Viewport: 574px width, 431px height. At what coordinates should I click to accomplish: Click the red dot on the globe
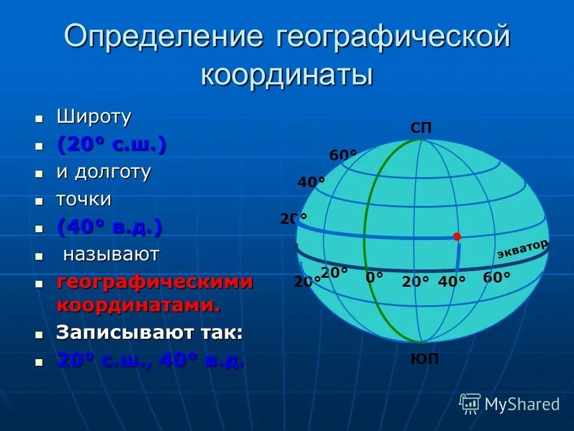click(457, 236)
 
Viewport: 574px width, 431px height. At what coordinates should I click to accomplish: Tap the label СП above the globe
click(421, 128)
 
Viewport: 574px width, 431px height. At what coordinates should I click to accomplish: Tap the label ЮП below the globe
click(425, 359)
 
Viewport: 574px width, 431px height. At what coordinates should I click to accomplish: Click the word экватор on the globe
click(522, 249)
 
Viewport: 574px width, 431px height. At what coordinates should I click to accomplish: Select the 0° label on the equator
click(374, 277)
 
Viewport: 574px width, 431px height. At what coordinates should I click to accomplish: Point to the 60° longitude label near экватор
click(496, 277)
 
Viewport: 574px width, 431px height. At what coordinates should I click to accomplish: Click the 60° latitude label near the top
click(343, 155)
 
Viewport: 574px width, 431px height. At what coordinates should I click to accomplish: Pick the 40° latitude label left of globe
click(311, 181)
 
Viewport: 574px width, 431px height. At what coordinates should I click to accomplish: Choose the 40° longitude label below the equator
click(451, 281)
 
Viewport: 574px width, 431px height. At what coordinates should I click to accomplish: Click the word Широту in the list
click(94, 117)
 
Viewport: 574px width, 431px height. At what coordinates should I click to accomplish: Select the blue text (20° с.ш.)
click(111, 144)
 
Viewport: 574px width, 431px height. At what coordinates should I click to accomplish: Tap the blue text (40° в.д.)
click(109, 227)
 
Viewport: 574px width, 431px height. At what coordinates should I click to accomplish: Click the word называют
click(111, 254)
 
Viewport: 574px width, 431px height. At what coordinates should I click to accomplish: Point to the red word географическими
click(155, 283)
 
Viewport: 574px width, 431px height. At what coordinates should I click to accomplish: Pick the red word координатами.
click(138, 305)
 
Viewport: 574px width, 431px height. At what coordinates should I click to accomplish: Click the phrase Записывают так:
click(149, 333)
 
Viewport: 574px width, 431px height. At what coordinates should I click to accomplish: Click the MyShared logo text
click(522, 405)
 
